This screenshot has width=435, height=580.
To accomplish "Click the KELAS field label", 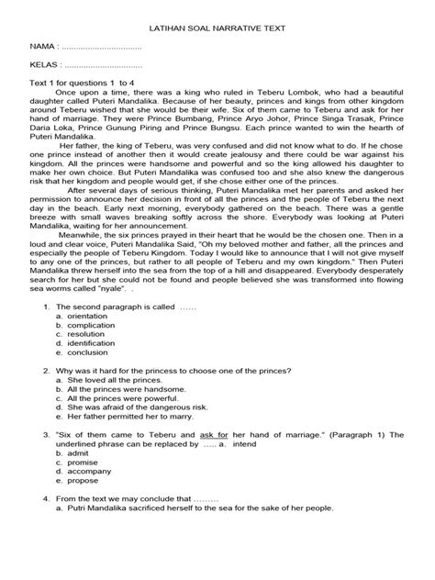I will click(x=44, y=66).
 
